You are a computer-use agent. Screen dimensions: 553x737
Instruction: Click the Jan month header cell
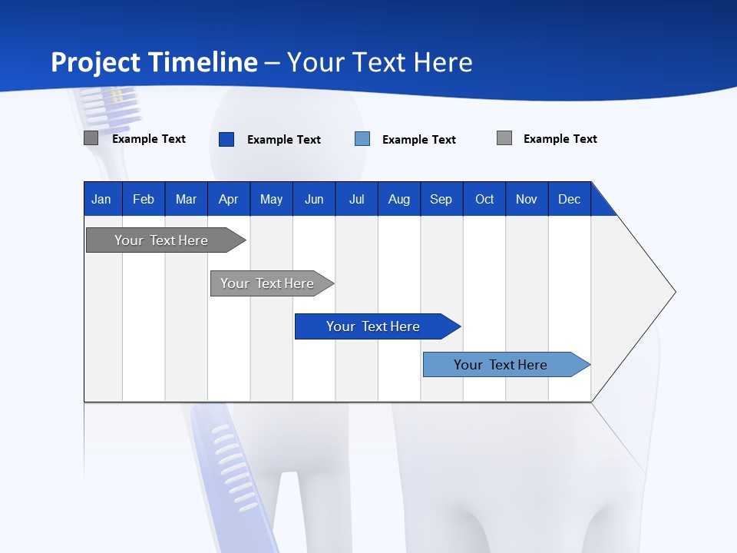tap(101, 199)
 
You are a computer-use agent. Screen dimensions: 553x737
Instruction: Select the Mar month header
tap(186, 199)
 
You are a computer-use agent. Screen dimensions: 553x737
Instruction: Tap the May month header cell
tap(271, 199)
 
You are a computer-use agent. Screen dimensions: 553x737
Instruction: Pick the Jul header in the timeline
tap(356, 199)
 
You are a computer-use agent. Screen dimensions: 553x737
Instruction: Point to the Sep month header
tap(441, 199)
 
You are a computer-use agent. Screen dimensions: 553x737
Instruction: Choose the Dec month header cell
tap(569, 199)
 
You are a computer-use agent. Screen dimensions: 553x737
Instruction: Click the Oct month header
tap(484, 199)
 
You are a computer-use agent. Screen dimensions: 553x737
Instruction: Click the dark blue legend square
tap(226, 139)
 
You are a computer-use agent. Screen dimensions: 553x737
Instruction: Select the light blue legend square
tap(362, 139)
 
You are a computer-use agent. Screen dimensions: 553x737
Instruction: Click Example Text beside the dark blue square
tap(283, 140)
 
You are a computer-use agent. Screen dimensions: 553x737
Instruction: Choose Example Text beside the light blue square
tap(418, 140)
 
